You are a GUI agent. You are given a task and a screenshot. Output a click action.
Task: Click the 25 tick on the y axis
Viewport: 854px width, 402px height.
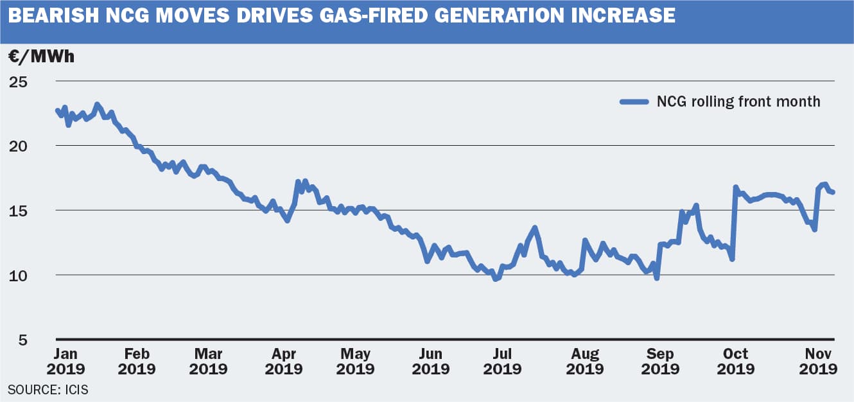click(x=19, y=82)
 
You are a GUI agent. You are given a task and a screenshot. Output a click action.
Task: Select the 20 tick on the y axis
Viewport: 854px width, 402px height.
click(x=19, y=146)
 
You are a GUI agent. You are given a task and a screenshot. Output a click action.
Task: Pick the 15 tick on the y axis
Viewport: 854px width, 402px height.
click(x=19, y=211)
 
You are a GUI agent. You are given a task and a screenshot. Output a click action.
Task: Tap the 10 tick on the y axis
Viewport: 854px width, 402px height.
click(x=19, y=275)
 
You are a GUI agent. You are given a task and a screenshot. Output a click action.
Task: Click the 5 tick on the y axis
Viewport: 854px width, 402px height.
click(x=23, y=340)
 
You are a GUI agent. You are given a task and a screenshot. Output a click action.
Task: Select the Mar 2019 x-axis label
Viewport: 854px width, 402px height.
click(x=208, y=361)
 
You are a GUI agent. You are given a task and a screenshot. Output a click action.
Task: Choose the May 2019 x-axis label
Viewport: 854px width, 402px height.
click(x=356, y=361)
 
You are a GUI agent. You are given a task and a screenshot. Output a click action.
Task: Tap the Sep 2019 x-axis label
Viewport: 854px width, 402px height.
click(x=660, y=361)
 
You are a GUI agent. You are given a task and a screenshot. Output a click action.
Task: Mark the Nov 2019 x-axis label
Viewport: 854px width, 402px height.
click(x=818, y=361)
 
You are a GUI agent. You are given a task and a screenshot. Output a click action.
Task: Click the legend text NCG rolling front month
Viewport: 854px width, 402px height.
click(x=738, y=101)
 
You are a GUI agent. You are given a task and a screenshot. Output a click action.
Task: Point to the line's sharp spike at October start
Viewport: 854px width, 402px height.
click(x=735, y=188)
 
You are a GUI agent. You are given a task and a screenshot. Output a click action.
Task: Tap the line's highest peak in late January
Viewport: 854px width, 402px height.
click(x=97, y=104)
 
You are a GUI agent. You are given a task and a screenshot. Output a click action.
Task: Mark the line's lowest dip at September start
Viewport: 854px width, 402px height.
click(x=657, y=277)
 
